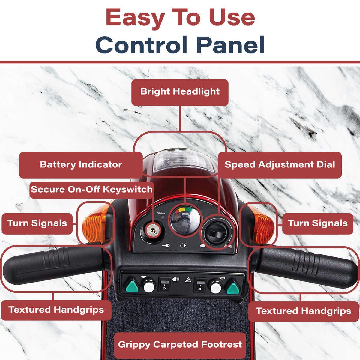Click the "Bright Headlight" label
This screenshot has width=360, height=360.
[x=180, y=92]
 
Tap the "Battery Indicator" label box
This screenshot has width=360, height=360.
[x=81, y=165]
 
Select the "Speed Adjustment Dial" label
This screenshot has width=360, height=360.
[x=280, y=165]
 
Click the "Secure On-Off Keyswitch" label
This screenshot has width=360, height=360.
[x=92, y=190]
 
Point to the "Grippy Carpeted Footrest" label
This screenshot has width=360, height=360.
[x=180, y=345]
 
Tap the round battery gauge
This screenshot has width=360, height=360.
[x=185, y=221]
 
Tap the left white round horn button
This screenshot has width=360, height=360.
[x=149, y=287]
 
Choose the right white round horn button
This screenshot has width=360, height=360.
[x=216, y=287]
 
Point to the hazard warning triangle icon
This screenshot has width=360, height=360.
[x=188, y=280]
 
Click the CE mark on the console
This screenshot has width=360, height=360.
[x=183, y=245]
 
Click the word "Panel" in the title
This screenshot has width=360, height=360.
[x=230, y=45]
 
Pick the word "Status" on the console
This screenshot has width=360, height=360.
[x=161, y=213]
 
